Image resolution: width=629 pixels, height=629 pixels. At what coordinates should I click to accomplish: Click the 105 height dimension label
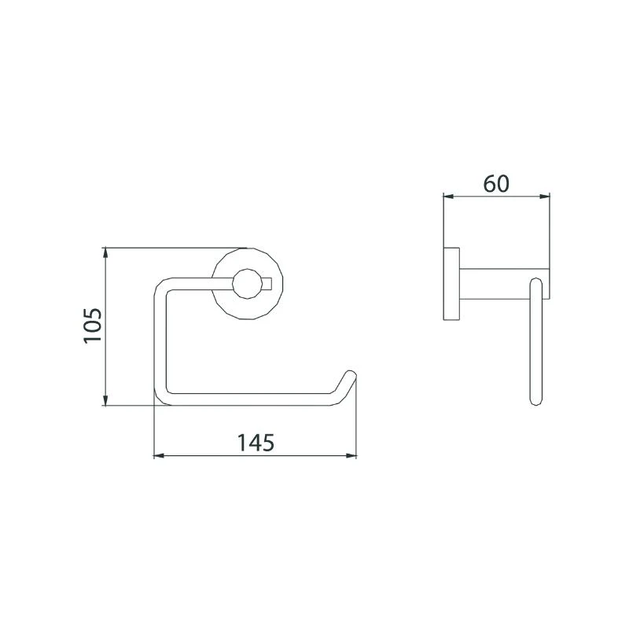pyautogui.click(x=93, y=326)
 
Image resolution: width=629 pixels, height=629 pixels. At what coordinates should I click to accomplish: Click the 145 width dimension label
pyautogui.click(x=256, y=443)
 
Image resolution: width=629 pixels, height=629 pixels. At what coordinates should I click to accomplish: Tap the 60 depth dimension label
pyautogui.click(x=496, y=184)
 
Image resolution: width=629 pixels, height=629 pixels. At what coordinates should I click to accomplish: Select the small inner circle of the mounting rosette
pyautogui.click(x=247, y=284)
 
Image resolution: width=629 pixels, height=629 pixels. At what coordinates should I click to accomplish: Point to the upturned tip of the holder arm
pyautogui.click(x=351, y=374)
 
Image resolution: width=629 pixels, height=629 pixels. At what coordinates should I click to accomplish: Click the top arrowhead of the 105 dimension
pyautogui.click(x=105, y=253)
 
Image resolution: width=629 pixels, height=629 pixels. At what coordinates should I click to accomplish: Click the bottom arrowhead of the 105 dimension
pyautogui.click(x=105, y=399)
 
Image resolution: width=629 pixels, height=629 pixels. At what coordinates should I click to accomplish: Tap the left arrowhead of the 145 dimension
pyautogui.click(x=160, y=456)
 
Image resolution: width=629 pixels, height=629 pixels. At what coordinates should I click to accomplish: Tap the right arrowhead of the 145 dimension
pyautogui.click(x=351, y=456)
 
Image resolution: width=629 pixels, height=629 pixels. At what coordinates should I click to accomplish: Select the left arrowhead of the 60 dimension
pyautogui.click(x=449, y=197)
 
